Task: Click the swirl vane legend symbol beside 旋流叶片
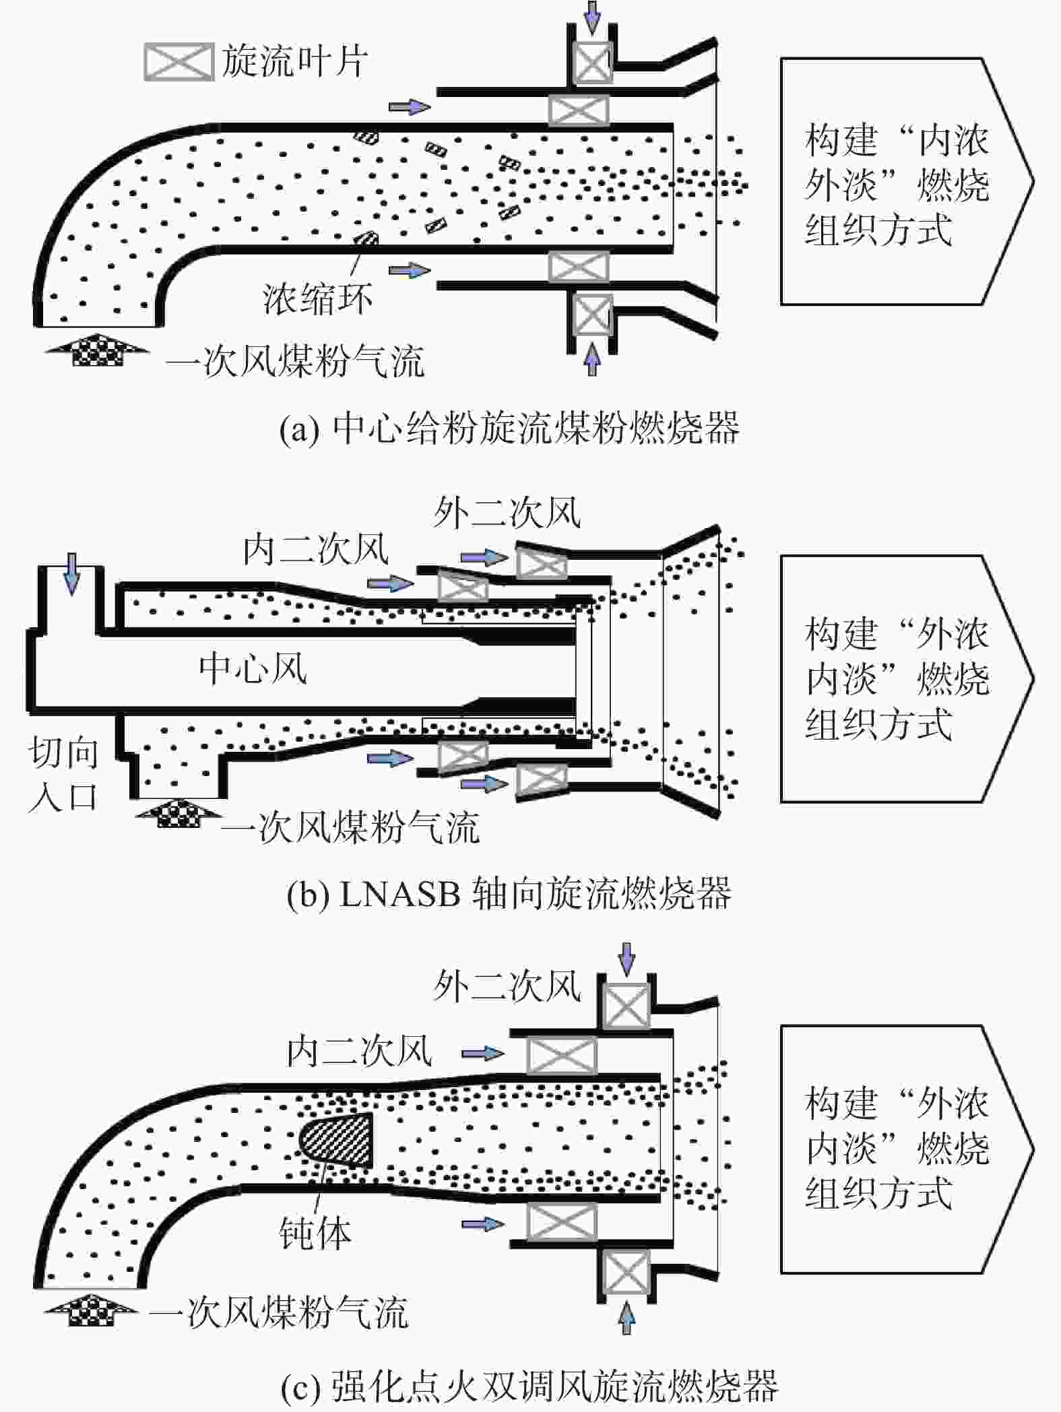pos(179,62)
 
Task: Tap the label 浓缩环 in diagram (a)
pos(317,298)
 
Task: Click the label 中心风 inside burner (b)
pos(253,669)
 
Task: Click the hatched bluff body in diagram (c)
pos(335,1141)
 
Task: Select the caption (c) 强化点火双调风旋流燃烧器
pos(529,1385)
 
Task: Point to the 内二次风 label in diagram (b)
pos(316,550)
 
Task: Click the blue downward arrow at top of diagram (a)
pos(592,17)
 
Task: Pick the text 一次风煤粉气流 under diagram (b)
pos(350,827)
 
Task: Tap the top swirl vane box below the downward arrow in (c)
pos(626,1007)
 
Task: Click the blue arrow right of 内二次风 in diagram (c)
pos(483,1053)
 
